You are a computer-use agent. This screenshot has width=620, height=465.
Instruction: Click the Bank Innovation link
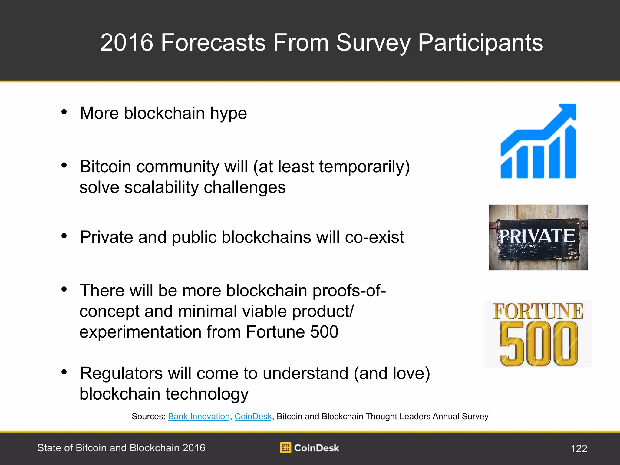pos(199,417)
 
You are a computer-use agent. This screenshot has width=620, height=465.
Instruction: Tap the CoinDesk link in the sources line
pos(253,417)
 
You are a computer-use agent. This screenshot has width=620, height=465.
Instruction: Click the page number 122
pos(579,448)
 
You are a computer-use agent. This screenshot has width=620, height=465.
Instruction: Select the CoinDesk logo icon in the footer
pos(285,447)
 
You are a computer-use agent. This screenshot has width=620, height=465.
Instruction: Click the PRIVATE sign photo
pos(538,237)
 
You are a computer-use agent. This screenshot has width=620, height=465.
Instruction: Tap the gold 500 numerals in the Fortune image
pos(539,344)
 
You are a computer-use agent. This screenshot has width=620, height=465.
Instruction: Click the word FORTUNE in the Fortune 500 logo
pos(538,311)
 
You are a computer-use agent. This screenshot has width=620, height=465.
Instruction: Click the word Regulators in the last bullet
pos(121,374)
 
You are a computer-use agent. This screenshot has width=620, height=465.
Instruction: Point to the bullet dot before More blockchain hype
pos(64,112)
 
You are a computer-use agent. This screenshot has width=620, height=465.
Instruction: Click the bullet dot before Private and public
pos(64,236)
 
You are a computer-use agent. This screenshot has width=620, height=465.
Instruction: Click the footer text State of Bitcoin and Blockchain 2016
pos(121,448)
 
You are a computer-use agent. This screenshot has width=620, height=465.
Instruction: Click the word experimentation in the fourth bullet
pos(140,332)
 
